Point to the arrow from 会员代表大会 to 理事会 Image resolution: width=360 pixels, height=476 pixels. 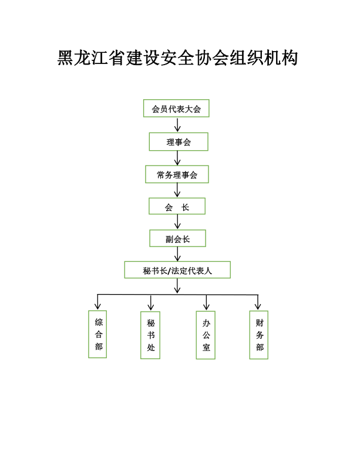(177, 125)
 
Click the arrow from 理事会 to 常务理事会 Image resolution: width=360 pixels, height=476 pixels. (177, 158)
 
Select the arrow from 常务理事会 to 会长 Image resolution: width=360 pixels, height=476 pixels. (177, 190)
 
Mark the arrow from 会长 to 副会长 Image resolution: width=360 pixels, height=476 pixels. (177, 222)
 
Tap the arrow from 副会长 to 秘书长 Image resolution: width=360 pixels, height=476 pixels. (177, 254)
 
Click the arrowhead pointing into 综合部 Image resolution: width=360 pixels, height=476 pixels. (97, 306)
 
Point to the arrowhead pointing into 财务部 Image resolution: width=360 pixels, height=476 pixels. (258, 306)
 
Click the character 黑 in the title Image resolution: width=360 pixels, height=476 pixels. (66, 58)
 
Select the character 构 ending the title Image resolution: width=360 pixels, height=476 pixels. (290, 58)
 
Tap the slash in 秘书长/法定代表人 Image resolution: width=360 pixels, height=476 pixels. (169, 271)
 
